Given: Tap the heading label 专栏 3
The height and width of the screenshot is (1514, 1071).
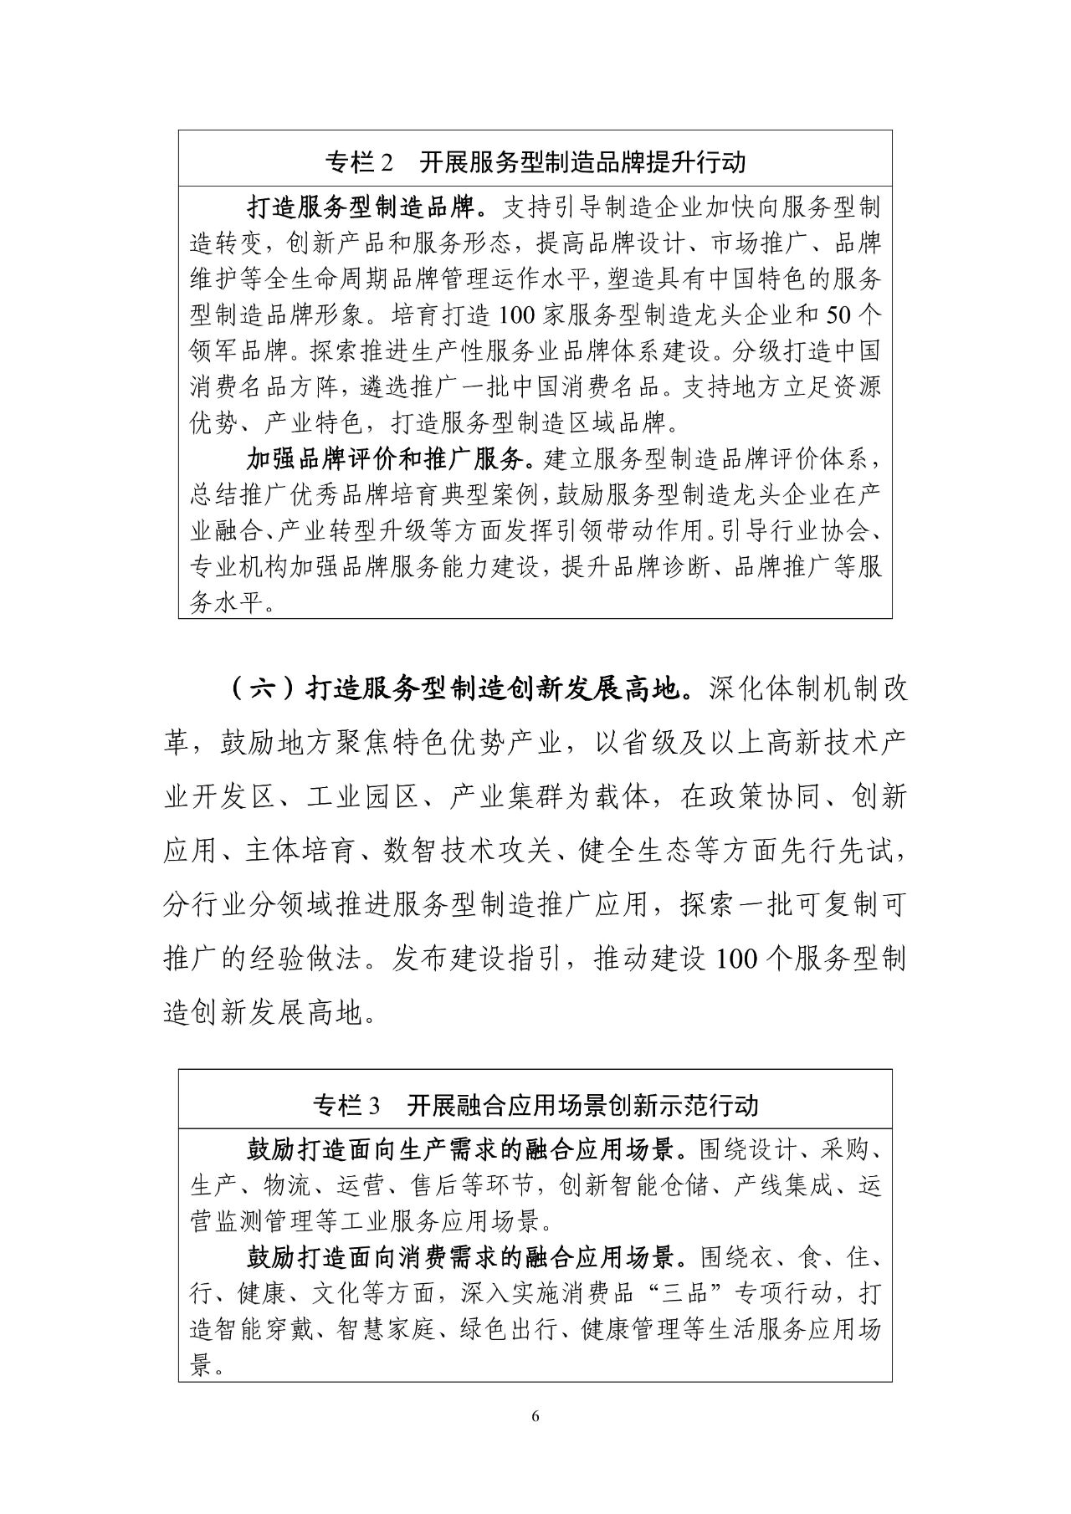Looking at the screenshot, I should [x=346, y=1106].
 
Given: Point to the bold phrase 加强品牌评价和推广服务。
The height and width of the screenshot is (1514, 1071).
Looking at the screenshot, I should [x=395, y=458].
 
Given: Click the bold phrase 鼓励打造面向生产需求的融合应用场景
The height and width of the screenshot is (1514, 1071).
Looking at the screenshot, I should [x=460, y=1149].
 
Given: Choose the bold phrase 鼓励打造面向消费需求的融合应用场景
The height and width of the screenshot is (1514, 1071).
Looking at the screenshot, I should [x=460, y=1257].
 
